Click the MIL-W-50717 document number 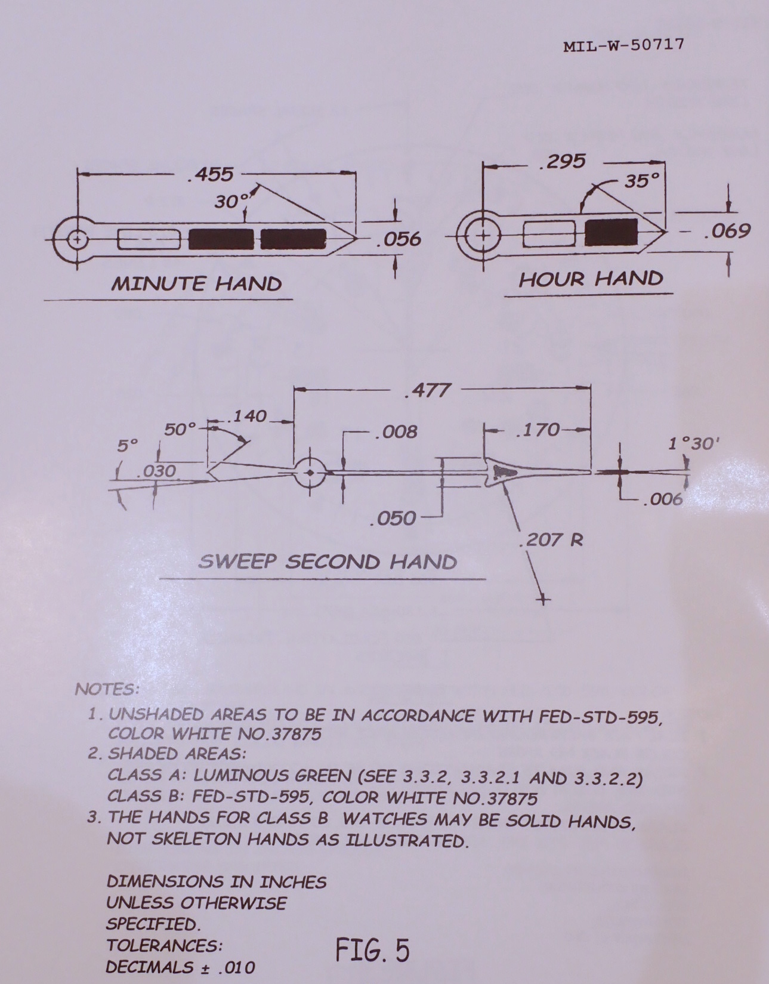[623, 45]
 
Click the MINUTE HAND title [196, 283]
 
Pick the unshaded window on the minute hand [149, 239]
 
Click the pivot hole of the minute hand [76, 239]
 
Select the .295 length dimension [563, 162]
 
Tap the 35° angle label [642, 180]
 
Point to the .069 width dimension [727, 231]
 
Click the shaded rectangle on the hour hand [610, 233]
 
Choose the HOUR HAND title [591, 279]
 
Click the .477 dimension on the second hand [427, 390]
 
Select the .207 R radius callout [551, 541]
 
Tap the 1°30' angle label [694, 443]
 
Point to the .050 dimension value [393, 518]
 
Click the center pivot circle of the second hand [310, 473]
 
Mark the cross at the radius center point [543, 599]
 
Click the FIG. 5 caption [372, 949]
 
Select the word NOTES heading [107, 689]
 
